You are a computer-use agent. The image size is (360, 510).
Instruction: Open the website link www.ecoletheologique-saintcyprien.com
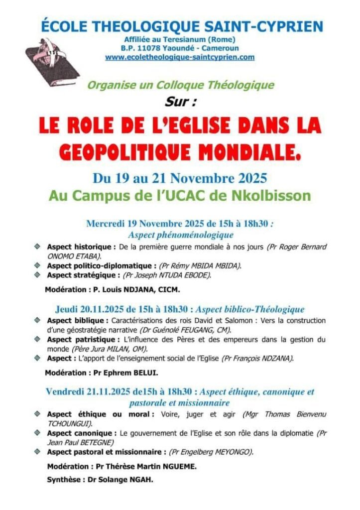(x=180, y=57)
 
